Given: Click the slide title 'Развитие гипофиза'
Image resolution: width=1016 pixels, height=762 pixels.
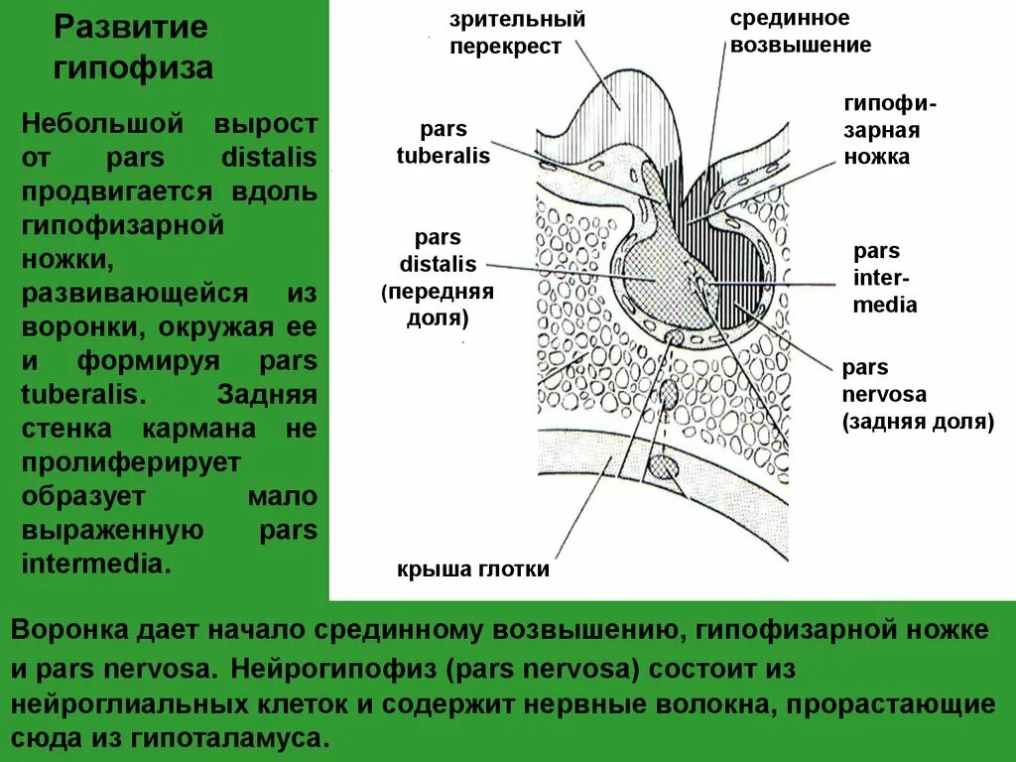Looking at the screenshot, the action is (132, 47).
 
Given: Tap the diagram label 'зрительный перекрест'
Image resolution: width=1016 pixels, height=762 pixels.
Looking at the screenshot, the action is (503, 33).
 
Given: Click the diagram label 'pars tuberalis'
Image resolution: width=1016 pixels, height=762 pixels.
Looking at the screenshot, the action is (443, 143).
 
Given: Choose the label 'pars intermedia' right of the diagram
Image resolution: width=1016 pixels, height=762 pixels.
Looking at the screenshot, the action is (884, 278).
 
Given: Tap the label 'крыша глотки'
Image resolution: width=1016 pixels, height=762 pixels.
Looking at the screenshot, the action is (472, 570).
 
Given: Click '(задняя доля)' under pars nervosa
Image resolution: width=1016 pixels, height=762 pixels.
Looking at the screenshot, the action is (918, 421).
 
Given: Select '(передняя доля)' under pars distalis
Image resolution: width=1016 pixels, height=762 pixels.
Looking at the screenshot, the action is (438, 305).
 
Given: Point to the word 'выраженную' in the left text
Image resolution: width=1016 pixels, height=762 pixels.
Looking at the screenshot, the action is (112, 530).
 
